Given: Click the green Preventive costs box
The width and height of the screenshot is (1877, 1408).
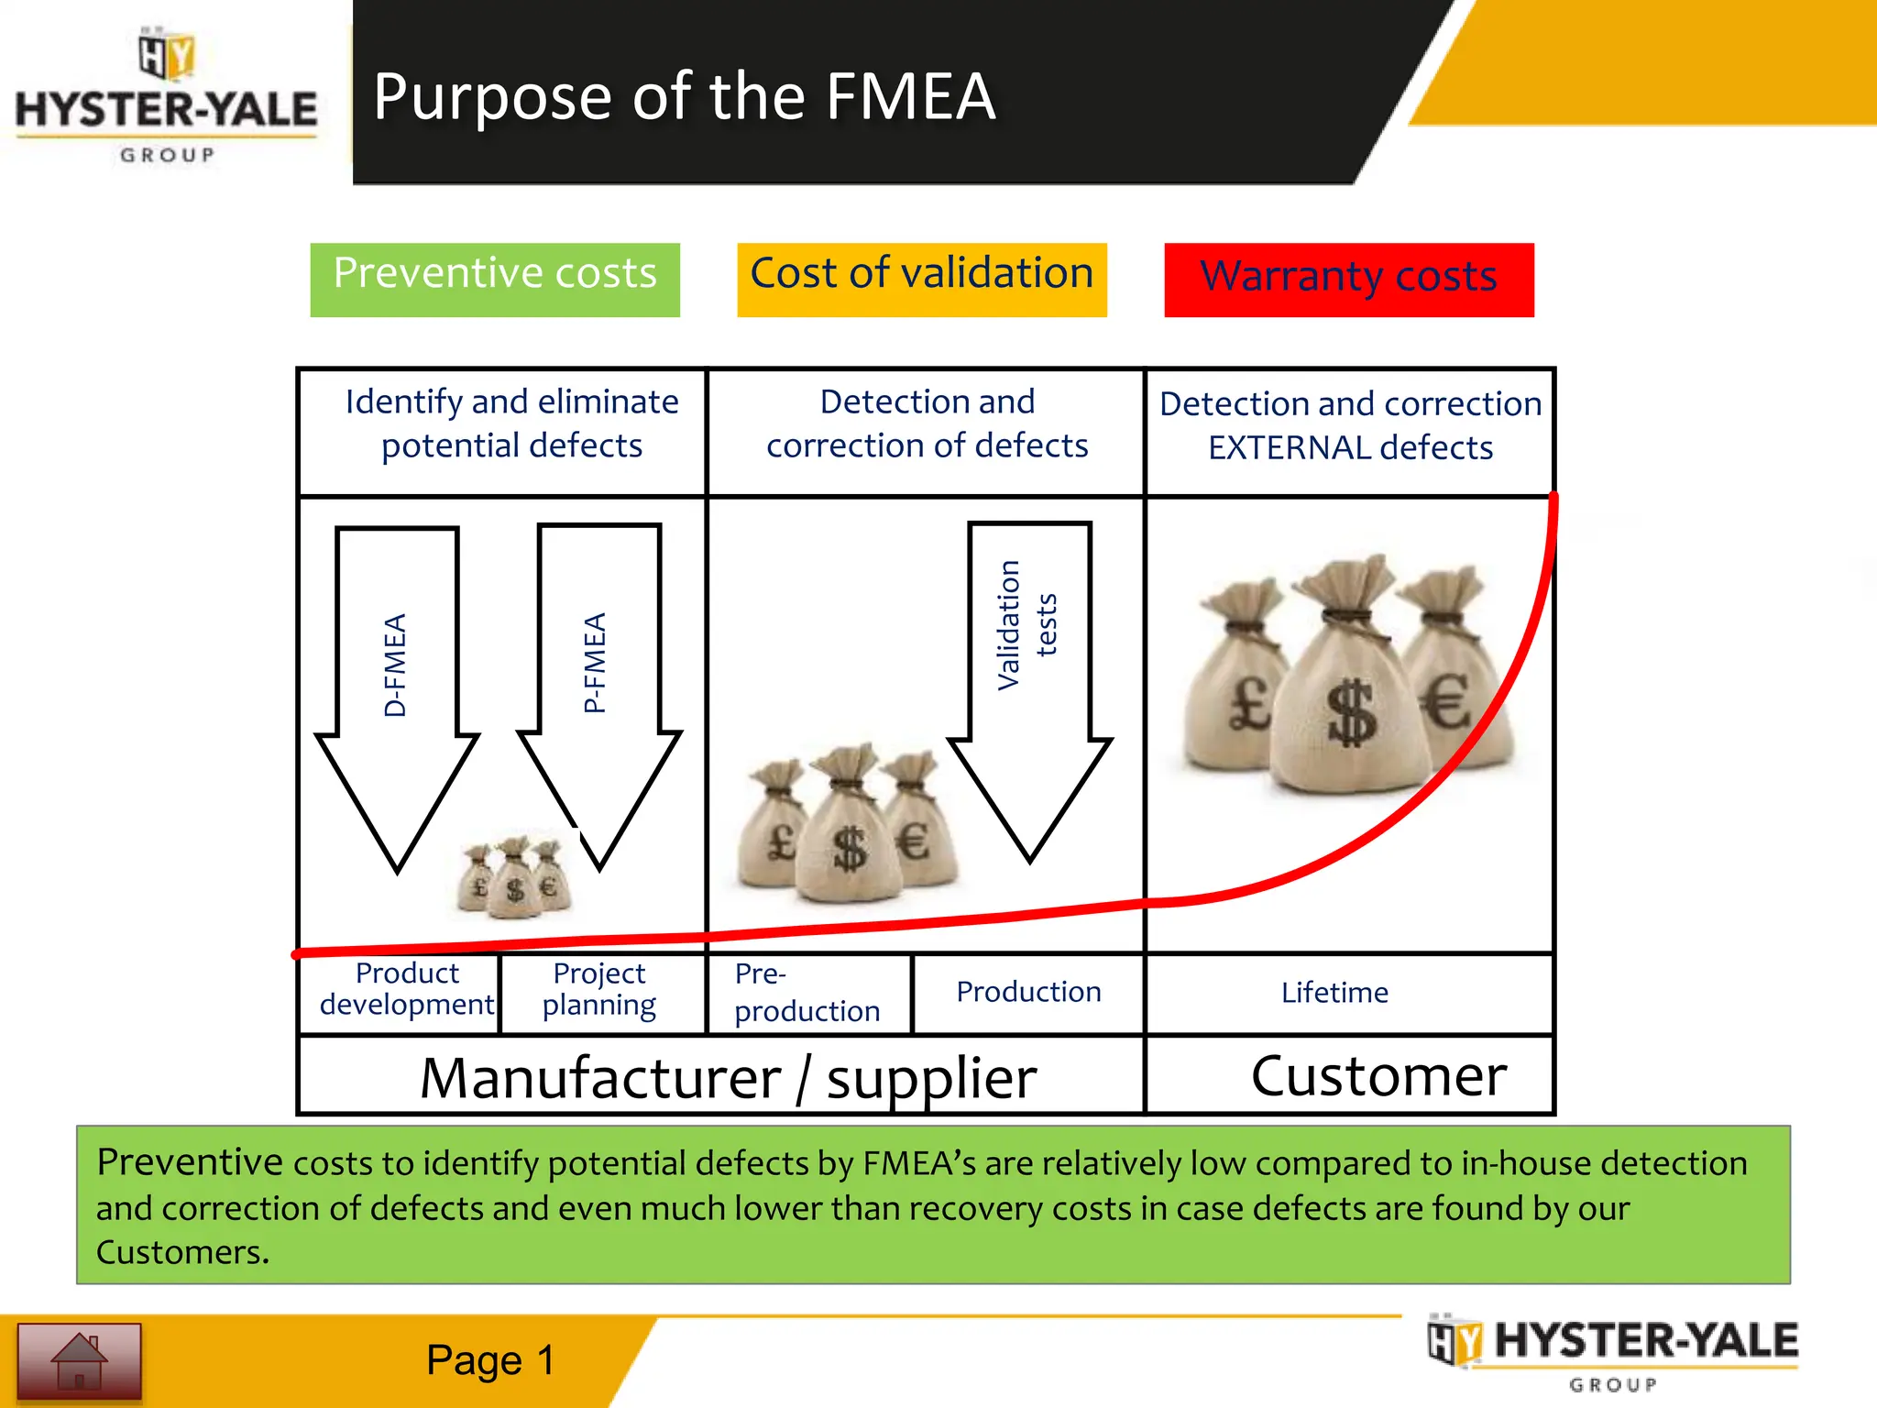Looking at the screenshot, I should (495, 279).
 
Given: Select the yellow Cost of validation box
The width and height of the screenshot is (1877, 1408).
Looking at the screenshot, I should (922, 279).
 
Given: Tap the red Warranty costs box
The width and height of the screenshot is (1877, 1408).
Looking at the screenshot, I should (1349, 279).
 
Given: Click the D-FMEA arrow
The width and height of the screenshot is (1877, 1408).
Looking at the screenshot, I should (397, 678).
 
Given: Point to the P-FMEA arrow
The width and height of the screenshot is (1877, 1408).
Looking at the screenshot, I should (599, 678).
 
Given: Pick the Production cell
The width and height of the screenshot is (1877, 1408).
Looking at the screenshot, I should (1028, 993).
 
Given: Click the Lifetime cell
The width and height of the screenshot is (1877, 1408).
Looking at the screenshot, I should (1334, 993).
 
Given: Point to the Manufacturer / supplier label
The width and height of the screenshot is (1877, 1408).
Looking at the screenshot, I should (728, 1077).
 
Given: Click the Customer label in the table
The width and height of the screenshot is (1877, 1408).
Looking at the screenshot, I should (1378, 1075).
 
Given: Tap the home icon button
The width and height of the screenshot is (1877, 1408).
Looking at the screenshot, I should (80, 1361).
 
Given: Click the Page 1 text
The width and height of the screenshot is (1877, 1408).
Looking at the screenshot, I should (490, 1360).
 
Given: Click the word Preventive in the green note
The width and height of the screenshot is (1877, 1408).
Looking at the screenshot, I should (189, 1162).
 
